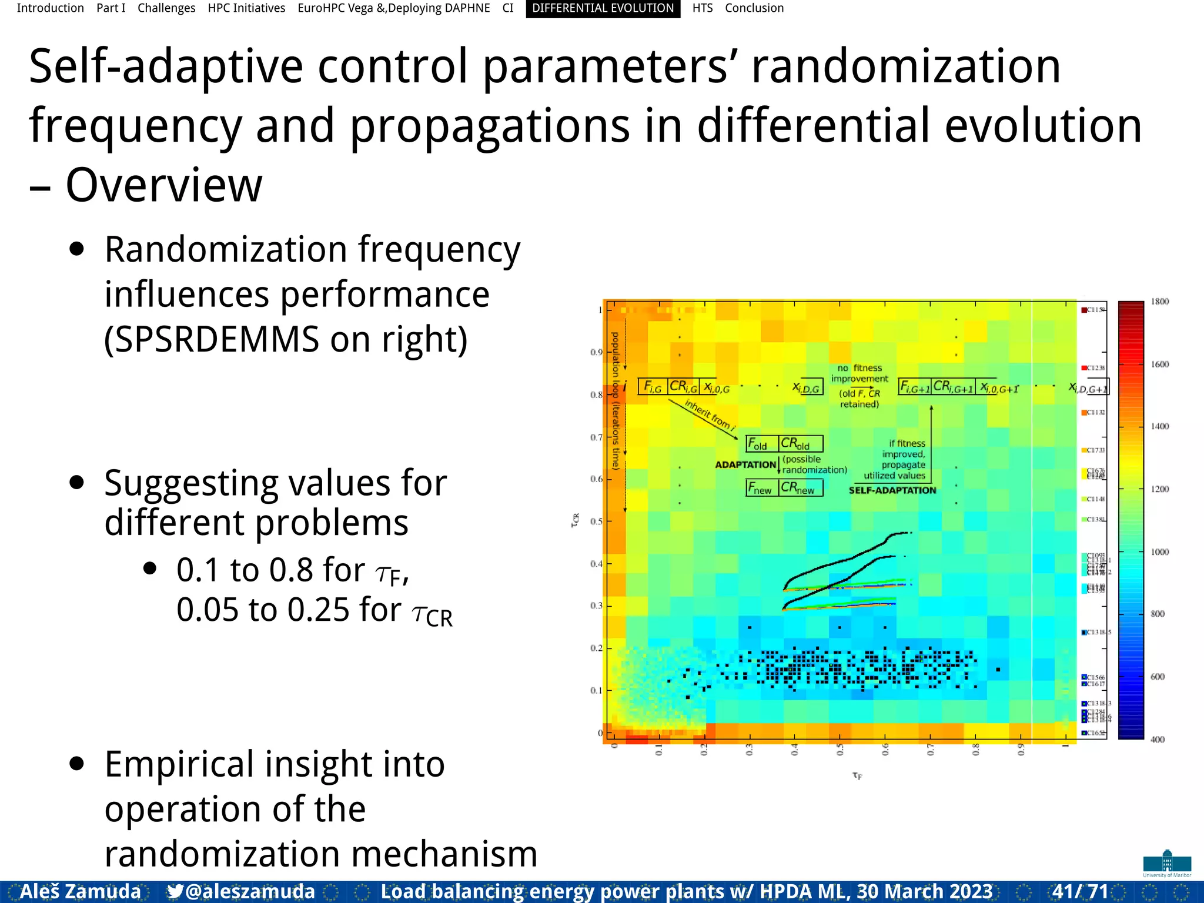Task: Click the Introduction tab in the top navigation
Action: click(50, 8)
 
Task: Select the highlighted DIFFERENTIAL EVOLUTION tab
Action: click(603, 8)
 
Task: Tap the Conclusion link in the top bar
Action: click(754, 8)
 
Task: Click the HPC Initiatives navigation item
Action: click(246, 8)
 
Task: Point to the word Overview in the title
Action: click(163, 185)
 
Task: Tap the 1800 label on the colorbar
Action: click(1159, 302)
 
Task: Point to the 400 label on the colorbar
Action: click(1157, 740)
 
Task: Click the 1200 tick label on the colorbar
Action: click(1159, 489)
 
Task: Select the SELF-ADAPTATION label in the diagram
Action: click(892, 490)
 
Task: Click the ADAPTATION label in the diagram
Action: click(745, 465)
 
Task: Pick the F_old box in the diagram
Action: click(761, 444)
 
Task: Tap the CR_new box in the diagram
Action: click(800, 488)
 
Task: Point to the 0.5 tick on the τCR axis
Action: click(596, 521)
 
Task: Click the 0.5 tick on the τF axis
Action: click(840, 750)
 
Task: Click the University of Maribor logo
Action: click(1167, 863)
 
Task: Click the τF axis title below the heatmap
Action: click(857, 776)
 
